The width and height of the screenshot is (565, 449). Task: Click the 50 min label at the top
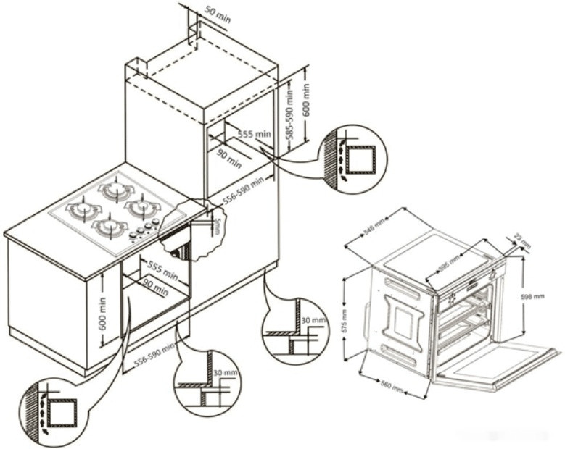click(217, 15)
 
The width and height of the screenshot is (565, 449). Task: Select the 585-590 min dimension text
click(289, 116)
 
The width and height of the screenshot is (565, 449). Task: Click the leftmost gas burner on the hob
click(83, 211)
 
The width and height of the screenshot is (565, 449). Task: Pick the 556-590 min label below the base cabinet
click(149, 356)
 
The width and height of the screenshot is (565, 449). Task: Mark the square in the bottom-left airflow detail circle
click(63, 413)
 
